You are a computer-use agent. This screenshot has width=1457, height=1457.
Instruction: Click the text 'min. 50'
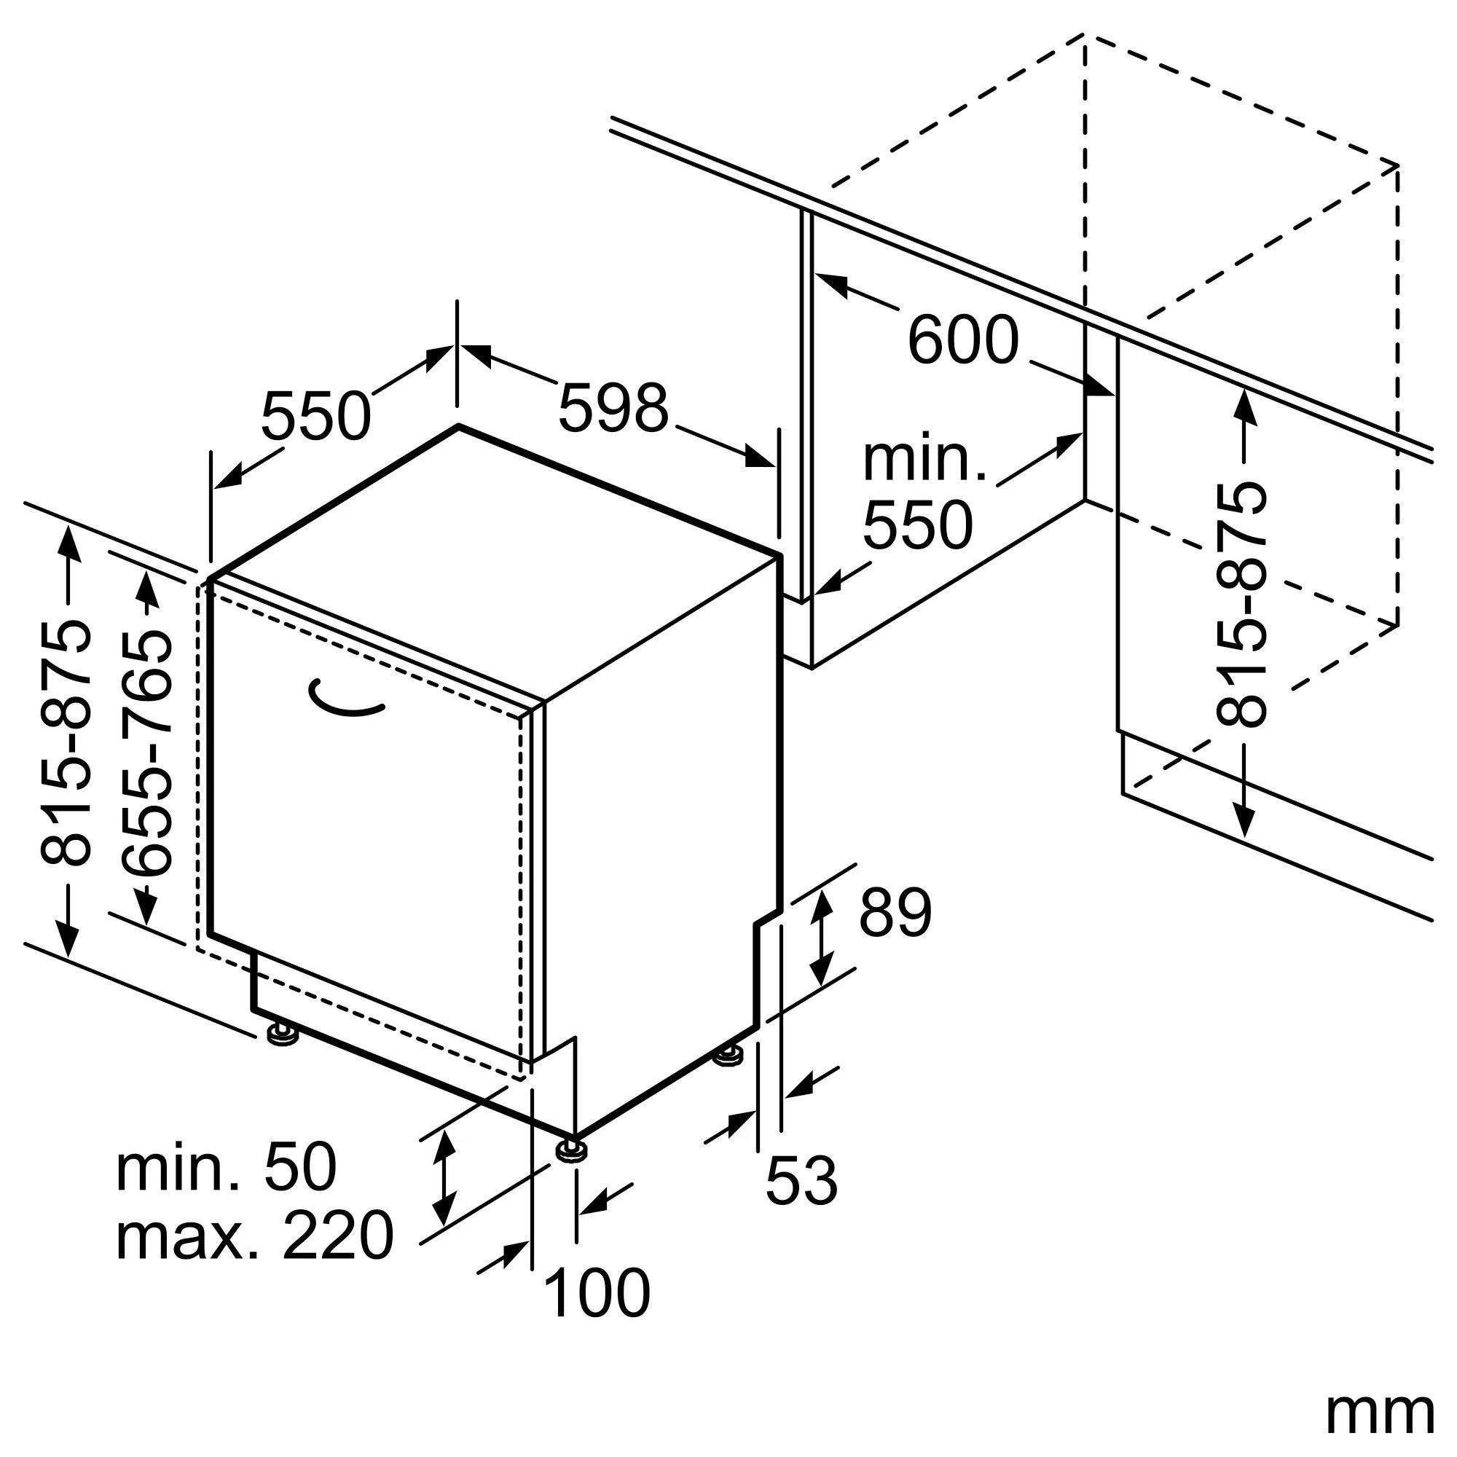(x=226, y=1166)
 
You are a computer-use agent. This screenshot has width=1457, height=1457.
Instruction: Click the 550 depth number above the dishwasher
(x=316, y=415)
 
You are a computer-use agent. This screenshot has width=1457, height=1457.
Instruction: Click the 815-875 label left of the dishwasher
(x=66, y=743)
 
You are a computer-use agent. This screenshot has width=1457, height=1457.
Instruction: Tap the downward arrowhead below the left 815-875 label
(x=68, y=938)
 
